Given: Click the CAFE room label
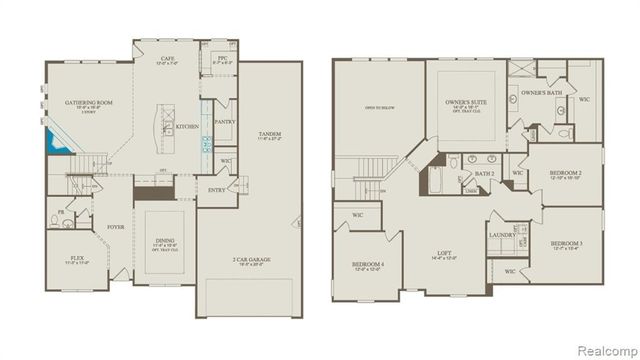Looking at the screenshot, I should [x=168, y=59].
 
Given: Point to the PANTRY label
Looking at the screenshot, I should [x=224, y=122].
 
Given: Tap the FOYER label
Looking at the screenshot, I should [x=115, y=227].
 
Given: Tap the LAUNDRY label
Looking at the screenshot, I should [x=502, y=235].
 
